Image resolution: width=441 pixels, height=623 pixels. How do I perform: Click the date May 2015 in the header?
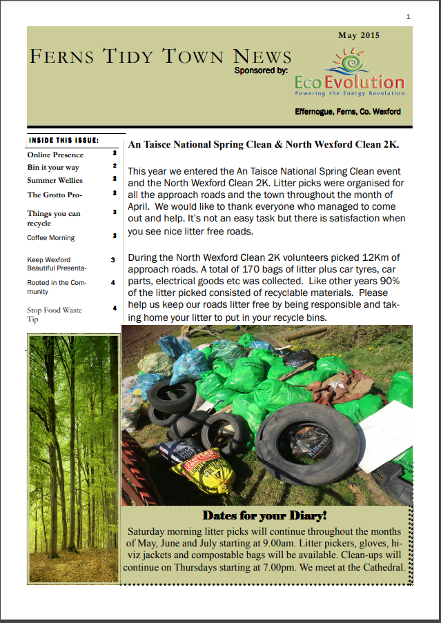coord(358,35)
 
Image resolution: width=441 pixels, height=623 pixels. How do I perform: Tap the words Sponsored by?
coord(261,70)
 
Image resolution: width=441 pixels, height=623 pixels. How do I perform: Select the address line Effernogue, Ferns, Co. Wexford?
coord(348,111)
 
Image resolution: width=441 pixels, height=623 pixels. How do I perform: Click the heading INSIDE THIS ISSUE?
coord(63,140)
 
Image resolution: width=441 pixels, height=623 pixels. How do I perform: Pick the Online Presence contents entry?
coord(55,155)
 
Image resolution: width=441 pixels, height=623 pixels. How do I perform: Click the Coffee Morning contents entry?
coord(50,237)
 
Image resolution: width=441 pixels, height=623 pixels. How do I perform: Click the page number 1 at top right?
coord(408,16)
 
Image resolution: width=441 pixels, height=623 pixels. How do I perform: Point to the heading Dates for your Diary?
coord(264,515)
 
